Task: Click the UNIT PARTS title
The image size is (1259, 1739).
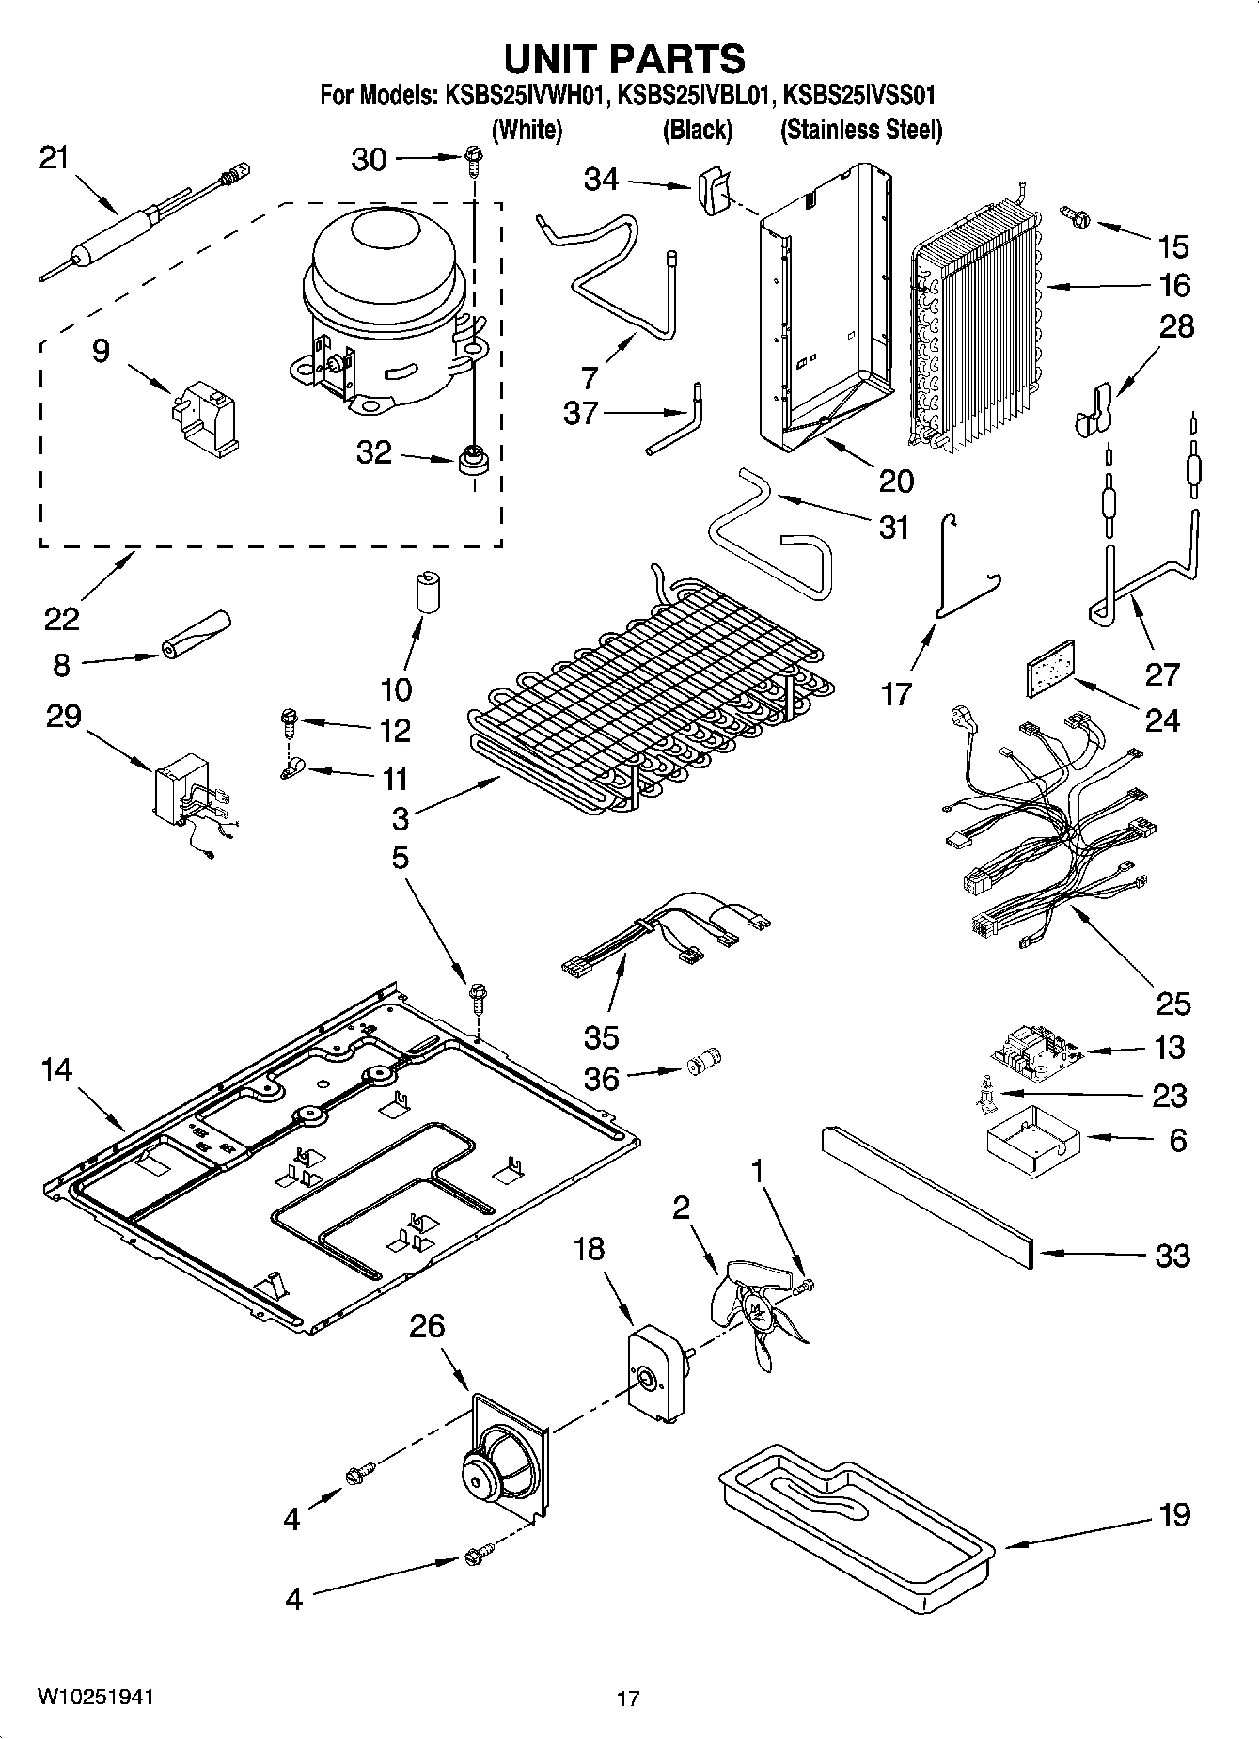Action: [624, 58]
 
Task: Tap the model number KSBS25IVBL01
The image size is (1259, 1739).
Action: [695, 95]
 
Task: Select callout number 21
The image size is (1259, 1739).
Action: [54, 157]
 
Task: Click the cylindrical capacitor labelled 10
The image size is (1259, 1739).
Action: [430, 592]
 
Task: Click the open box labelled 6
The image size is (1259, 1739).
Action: [1028, 1140]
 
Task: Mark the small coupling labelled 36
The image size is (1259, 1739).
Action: [701, 1067]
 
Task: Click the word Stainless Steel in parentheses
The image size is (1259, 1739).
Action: [860, 130]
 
